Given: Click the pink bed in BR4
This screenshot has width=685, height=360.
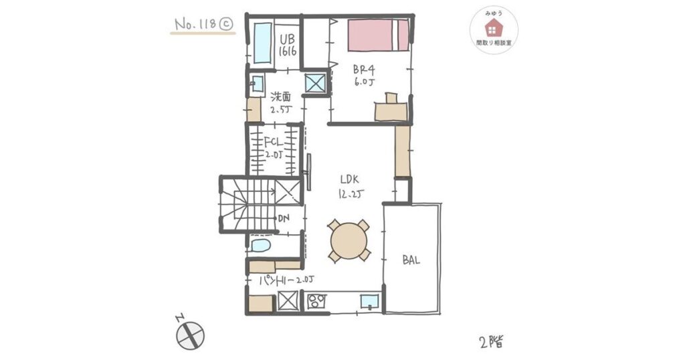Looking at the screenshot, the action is pyautogui.click(x=379, y=35).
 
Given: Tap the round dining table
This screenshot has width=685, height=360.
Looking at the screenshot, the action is pyautogui.click(x=349, y=241).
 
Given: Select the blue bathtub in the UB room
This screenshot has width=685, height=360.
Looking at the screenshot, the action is pyautogui.click(x=262, y=43).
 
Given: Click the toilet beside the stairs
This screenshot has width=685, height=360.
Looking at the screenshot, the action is pyautogui.click(x=261, y=245).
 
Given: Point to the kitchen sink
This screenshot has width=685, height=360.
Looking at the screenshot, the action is pyautogui.click(x=369, y=302).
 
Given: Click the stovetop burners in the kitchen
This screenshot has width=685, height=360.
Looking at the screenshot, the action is pyautogui.click(x=316, y=301).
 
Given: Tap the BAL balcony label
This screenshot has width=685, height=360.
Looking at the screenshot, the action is pyautogui.click(x=411, y=260).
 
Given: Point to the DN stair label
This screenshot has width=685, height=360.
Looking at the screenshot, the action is pyautogui.click(x=284, y=218).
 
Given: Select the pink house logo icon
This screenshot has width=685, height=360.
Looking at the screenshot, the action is pyautogui.click(x=494, y=28).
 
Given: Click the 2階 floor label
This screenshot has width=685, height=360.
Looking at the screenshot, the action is pyautogui.click(x=492, y=341).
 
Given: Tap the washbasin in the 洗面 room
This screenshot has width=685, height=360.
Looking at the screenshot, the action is pyautogui.click(x=257, y=83).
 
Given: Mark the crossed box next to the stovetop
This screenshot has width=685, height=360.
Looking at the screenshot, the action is pyautogui.click(x=288, y=301).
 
